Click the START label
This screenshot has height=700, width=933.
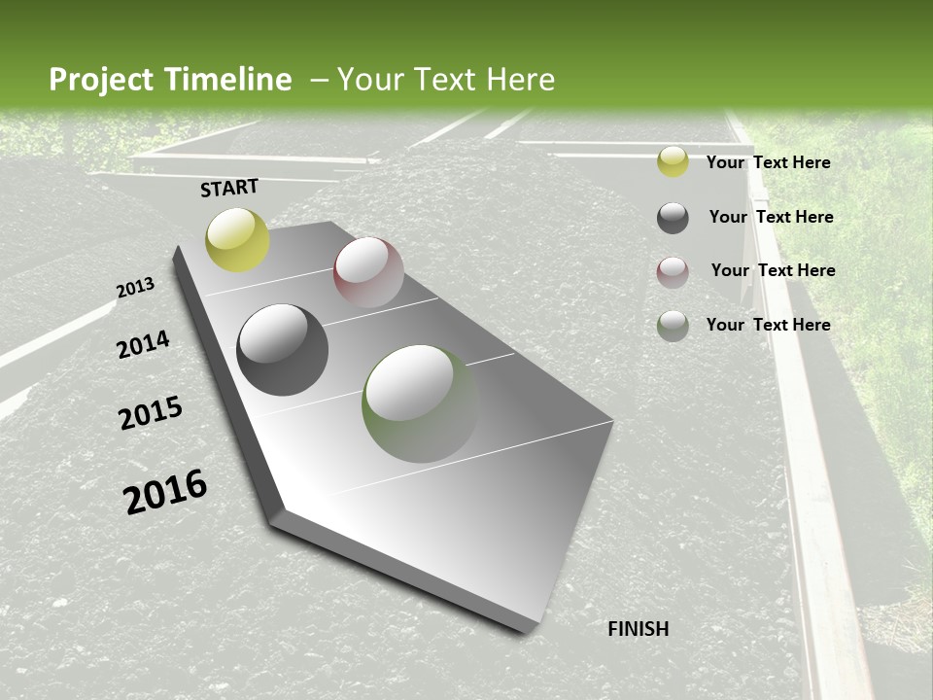[229, 188]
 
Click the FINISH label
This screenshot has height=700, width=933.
[639, 629]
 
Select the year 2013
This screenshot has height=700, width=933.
[136, 288]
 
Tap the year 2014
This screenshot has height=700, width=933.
[144, 344]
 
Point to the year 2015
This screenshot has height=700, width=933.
[151, 413]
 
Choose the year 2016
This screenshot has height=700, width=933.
[165, 491]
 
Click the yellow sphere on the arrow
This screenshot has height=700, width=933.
[237, 239]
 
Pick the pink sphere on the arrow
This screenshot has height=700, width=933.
[368, 272]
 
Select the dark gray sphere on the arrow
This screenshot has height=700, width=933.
[283, 350]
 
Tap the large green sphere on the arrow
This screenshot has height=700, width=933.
[420, 403]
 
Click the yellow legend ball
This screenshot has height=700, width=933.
[673, 162]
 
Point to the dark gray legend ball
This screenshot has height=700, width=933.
[673, 218]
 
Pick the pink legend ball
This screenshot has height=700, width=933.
[673, 272]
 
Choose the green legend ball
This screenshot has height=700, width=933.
[673, 326]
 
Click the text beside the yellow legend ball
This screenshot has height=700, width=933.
[768, 162]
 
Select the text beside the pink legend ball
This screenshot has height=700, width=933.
[773, 270]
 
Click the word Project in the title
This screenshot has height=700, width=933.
[101, 80]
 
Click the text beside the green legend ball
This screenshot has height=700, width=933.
[768, 325]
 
